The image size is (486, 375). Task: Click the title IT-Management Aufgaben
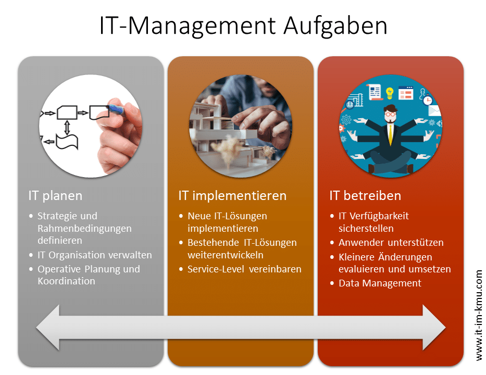tap(243, 26)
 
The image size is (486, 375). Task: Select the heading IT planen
tap(55, 196)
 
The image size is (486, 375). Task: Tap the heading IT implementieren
tap(232, 196)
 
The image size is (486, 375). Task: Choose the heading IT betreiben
tap(365, 196)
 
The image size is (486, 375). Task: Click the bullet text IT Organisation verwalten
tap(94, 255)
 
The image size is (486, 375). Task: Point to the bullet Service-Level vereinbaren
tap(244, 269)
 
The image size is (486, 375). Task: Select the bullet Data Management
tap(380, 283)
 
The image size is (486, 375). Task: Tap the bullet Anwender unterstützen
tap(391, 242)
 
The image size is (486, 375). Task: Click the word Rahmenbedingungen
tap(84, 229)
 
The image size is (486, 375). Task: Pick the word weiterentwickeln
tap(226, 255)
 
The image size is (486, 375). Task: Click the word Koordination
tap(66, 281)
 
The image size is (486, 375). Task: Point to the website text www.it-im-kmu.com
tap(479, 315)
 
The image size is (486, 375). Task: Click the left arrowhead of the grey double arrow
tap(48, 328)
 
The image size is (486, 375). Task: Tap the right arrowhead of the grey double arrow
tap(434, 328)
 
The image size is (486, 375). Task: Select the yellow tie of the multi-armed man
tap(390, 134)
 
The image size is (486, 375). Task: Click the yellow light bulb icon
tap(389, 93)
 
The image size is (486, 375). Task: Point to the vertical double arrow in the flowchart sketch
tap(67, 128)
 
